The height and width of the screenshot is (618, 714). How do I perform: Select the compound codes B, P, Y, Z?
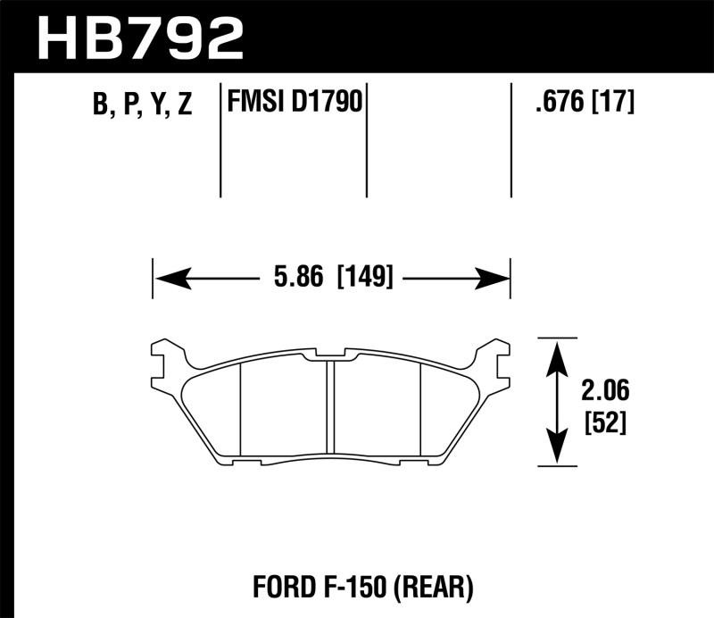click(x=142, y=105)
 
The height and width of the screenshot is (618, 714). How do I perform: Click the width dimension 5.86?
click(x=296, y=279)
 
